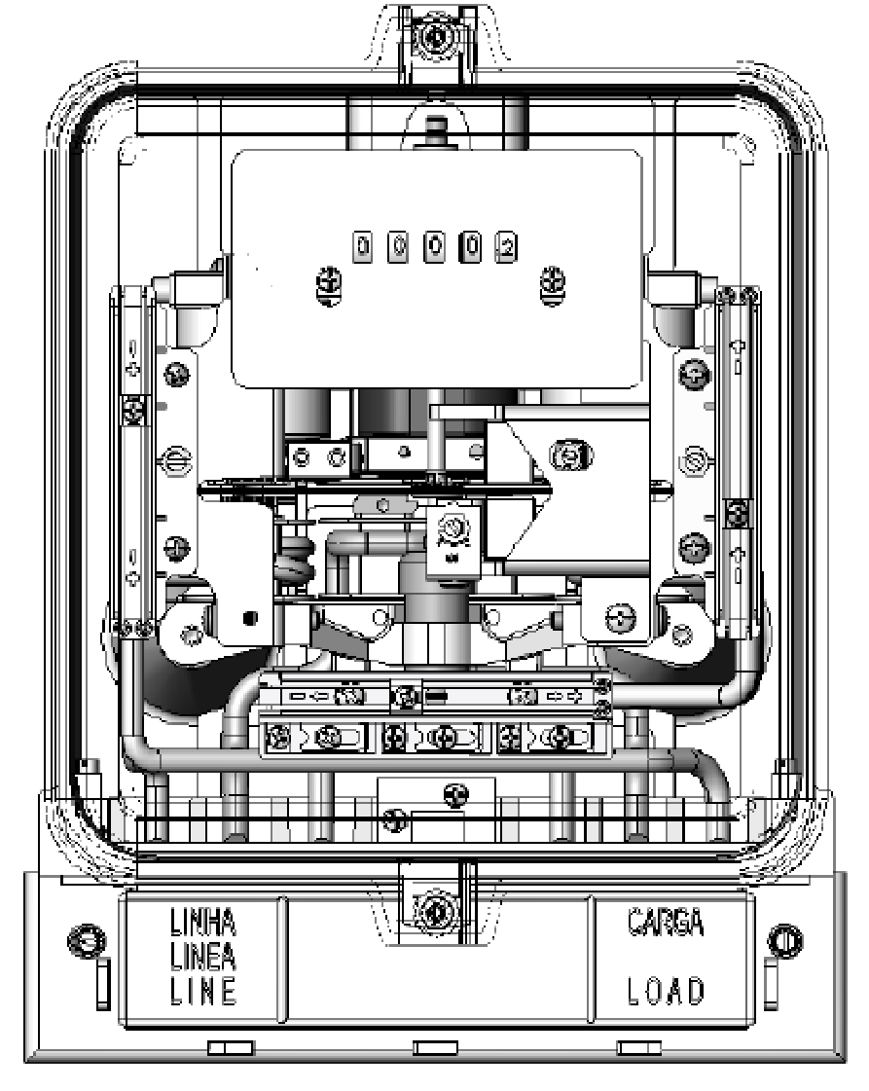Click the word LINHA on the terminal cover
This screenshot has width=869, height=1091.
pos(203,923)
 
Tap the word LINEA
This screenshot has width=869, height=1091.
pos(203,957)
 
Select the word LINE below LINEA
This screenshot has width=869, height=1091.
pos(203,991)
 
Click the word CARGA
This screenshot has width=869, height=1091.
pos(666,922)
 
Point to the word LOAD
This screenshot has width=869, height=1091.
pos(666,991)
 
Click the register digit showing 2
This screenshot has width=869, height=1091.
pos(506,247)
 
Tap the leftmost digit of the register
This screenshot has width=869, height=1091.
pos(363,247)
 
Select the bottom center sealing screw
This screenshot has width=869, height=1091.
pos(436,909)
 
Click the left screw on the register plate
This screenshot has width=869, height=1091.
pos(329,284)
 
